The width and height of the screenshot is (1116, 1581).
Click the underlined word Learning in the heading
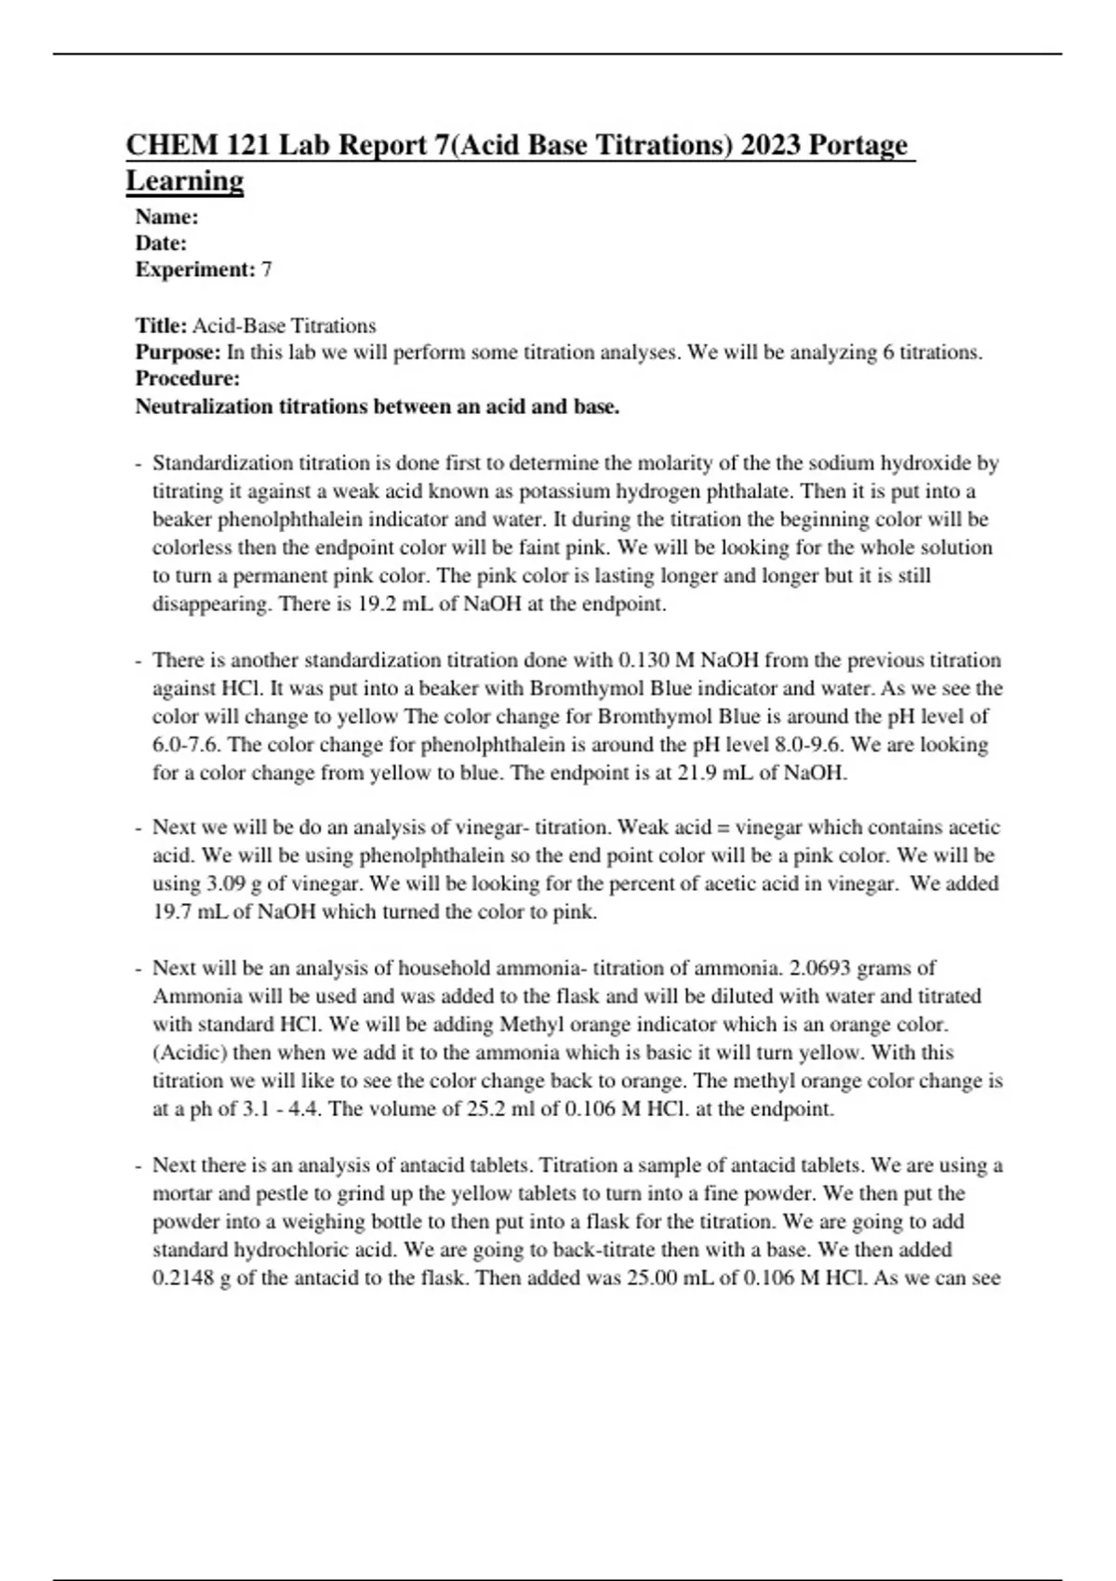184,180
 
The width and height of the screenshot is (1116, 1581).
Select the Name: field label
166,217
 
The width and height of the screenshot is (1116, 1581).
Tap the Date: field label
161,244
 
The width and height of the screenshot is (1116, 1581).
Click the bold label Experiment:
194,270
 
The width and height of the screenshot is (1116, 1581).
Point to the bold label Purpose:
179,352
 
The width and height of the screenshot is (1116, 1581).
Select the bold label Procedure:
187,379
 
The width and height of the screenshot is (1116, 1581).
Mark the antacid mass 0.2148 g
192,1278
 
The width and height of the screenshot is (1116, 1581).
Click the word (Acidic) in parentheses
189,1053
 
